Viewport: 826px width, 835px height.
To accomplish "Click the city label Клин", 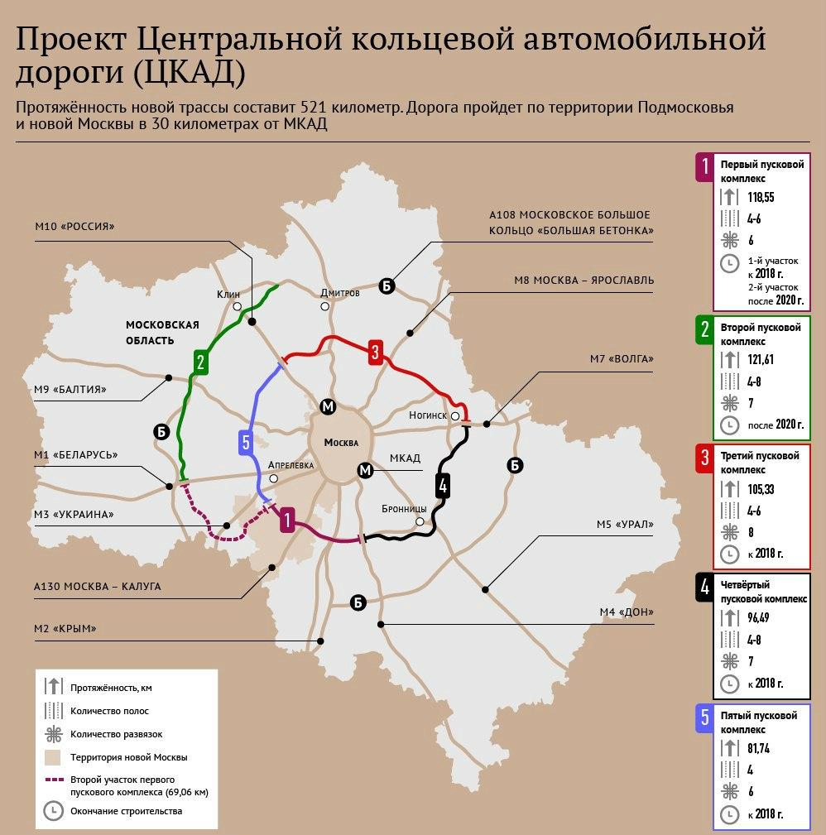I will click(x=228, y=294).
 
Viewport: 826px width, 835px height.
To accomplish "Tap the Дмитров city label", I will click(x=340, y=293).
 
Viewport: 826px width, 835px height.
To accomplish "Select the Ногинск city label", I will click(x=428, y=415).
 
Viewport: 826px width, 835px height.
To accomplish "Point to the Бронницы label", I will click(x=404, y=508).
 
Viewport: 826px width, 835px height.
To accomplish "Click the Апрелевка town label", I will click(x=292, y=465).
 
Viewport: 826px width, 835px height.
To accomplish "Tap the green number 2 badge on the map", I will click(x=200, y=361).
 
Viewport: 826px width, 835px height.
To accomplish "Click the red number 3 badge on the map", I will click(x=375, y=352).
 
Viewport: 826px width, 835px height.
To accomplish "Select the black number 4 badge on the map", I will click(x=444, y=486).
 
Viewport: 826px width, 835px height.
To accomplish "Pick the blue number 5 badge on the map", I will click(x=246, y=442).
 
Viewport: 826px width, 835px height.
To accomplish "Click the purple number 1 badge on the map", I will click(x=286, y=521).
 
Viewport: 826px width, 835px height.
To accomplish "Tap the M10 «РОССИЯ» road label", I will click(x=74, y=227).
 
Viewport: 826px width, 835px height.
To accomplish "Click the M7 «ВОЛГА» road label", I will click(x=622, y=358).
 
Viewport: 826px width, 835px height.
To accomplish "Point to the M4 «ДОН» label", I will click(x=627, y=612).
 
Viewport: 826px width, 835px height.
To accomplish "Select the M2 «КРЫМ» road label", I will click(x=65, y=628).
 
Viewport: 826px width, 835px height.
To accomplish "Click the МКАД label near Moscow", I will click(x=405, y=458).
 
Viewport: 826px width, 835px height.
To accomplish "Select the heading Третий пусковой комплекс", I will click(x=760, y=463).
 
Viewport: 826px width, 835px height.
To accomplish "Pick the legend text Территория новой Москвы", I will click(x=129, y=757).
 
